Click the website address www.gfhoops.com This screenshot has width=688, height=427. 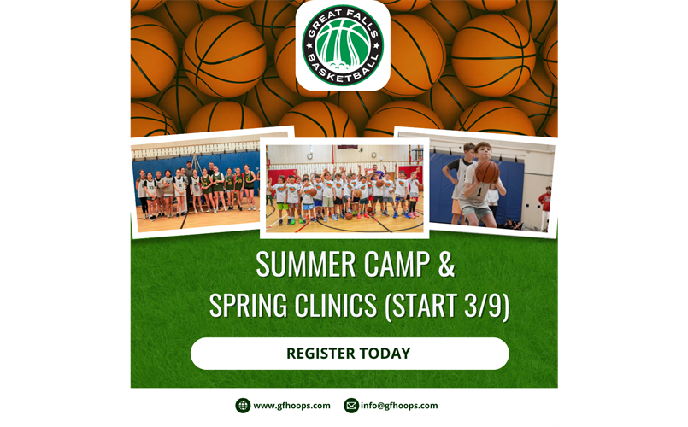click(291, 406)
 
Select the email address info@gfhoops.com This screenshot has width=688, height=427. click(399, 406)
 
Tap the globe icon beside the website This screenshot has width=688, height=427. click(243, 406)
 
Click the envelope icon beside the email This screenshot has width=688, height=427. click(350, 406)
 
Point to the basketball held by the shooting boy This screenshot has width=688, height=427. click(486, 173)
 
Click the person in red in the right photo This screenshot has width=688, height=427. click(544, 205)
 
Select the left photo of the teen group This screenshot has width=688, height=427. click(197, 184)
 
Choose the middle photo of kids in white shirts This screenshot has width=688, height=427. click(344, 188)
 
